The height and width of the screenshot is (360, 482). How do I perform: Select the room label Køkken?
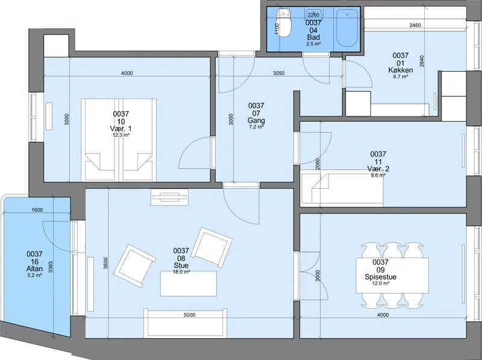pos(401,70)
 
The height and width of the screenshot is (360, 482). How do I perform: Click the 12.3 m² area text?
pos(121,134)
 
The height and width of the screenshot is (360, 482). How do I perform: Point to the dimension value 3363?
pos(51,268)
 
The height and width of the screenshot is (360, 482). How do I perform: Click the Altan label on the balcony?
pos(34,269)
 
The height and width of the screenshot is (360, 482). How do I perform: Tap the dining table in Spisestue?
pos(392,276)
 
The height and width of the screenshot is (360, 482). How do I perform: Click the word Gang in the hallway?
pos(256,121)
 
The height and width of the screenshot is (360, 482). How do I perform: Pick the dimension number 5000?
pos(189,315)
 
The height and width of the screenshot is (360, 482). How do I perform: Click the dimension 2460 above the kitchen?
pos(415,25)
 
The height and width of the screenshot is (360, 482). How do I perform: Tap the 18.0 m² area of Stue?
pos(181,272)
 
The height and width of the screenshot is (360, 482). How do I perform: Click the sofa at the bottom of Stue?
pos(186,323)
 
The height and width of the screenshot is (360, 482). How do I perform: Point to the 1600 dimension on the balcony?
pos(37,210)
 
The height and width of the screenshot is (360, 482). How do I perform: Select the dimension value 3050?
pos(279,73)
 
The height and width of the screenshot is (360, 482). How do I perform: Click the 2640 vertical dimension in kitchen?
pos(422,61)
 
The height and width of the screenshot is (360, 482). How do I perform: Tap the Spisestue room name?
pos(381,277)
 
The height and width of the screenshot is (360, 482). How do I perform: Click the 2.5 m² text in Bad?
pos(313,44)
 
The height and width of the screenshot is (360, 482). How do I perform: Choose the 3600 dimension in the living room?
pos(106,263)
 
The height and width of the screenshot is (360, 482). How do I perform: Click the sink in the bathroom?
pos(313,14)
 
